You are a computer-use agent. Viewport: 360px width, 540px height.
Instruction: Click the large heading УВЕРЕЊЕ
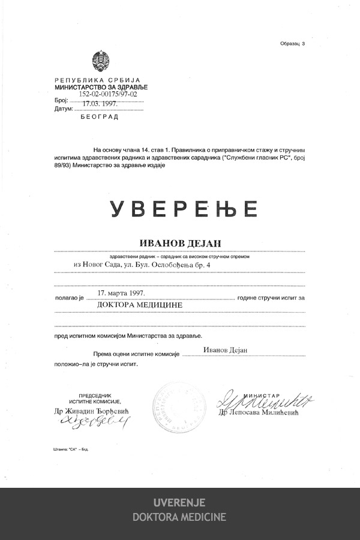point(184,208)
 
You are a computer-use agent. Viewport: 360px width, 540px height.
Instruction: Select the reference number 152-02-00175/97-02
point(108,94)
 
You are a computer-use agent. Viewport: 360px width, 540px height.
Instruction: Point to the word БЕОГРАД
point(100,117)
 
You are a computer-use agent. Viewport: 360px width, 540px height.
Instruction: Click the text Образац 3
point(292,44)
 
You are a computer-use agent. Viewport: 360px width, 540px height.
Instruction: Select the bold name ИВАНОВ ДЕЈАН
point(181,242)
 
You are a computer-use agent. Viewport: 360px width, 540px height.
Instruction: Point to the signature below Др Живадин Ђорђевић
point(94,423)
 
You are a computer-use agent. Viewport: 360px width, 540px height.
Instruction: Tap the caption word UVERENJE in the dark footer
point(179,502)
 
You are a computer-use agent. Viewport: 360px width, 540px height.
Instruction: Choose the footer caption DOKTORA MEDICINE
point(179,517)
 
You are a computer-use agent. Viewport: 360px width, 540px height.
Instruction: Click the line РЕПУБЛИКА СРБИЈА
point(97,80)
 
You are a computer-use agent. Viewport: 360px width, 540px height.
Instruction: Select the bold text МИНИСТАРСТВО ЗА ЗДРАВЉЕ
point(101,87)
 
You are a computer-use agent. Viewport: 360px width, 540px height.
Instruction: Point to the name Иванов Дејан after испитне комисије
point(225,350)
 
